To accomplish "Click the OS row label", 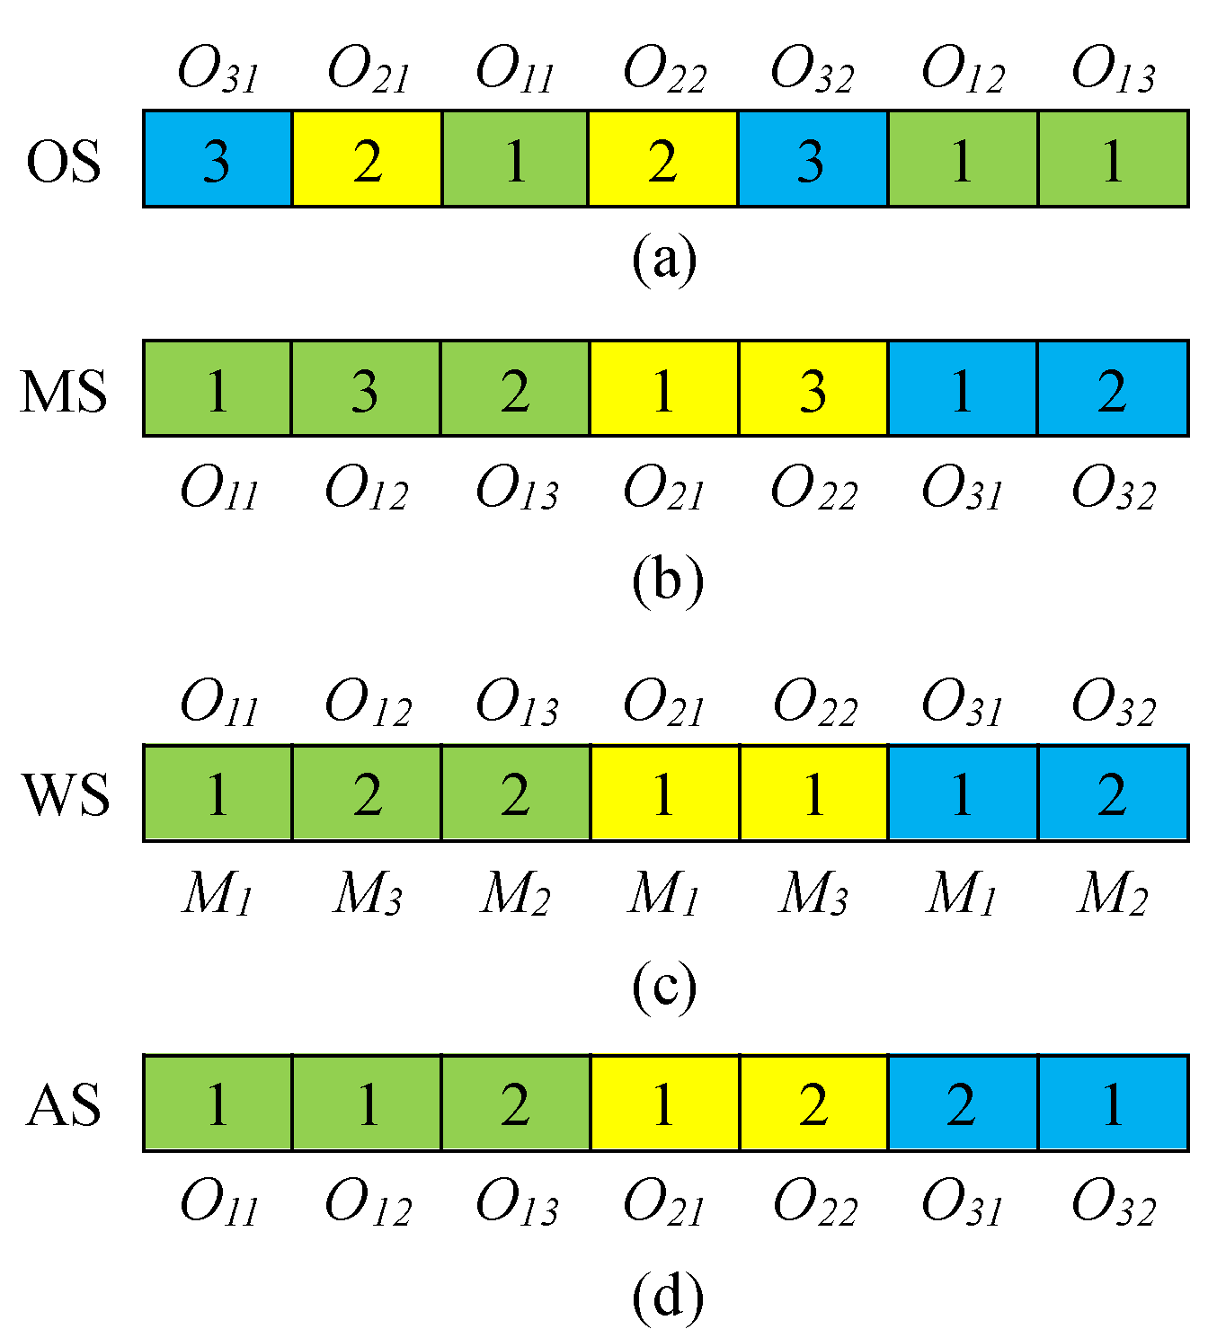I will [x=63, y=163].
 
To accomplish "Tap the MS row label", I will [x=64, y=392].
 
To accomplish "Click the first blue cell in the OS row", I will [x=218, y=159].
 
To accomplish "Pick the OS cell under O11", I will [x=515, y=159].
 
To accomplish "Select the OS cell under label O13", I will [x=1114, y=159].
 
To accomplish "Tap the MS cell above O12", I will [x=366, y=388].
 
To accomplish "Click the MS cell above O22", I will [x=813, y=388].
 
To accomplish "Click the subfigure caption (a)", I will [x=664, y=260].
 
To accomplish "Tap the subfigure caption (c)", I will [x=664, y=986].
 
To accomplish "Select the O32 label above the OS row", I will [x=813, y=70].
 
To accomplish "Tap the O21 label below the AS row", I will [x=664, y=1203].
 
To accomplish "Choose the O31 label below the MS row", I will [x=963, y=490].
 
